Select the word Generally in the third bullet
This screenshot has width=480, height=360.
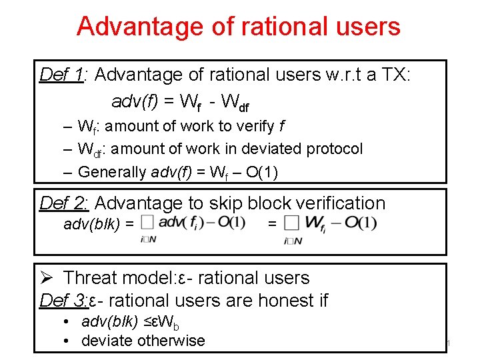point(113,171)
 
